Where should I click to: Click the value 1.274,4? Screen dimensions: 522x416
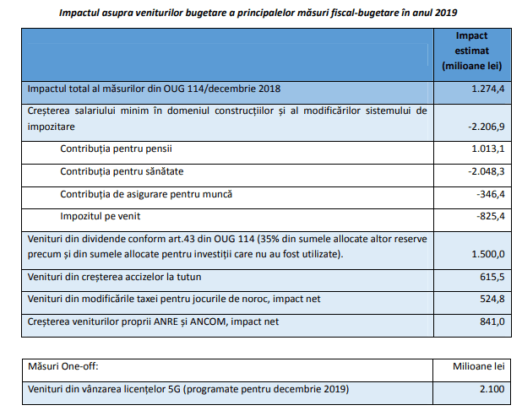487,89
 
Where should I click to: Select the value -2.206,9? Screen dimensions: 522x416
486,127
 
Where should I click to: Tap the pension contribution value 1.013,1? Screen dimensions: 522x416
487,149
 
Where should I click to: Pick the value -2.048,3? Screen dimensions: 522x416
486,171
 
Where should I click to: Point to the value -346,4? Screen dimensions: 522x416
491,194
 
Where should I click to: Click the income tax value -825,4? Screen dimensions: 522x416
491,216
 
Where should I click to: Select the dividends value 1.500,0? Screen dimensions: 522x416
487,254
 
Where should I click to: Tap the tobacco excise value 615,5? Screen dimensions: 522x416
492,277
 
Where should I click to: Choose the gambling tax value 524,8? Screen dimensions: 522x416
492,299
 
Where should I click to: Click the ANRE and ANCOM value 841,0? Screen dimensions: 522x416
492,321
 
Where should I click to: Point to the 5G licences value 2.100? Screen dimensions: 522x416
492,389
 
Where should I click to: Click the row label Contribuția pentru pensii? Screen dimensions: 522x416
116,149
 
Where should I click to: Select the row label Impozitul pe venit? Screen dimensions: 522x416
101,216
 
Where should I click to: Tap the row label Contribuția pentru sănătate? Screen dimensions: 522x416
122,171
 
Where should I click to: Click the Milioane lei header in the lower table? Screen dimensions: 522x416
478,366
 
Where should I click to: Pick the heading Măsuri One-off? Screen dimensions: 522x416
63,366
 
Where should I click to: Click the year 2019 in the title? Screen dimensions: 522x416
446,13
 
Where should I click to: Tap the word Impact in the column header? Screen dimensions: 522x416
471,35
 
